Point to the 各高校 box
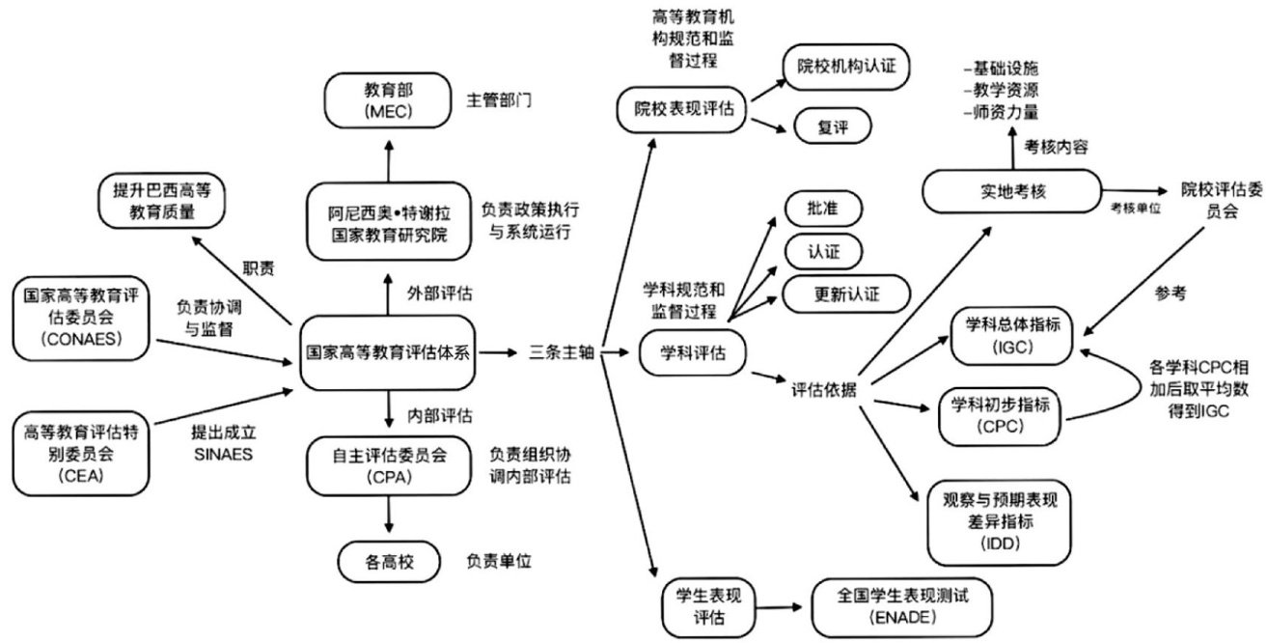pos(387,561)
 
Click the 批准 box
pos(823,208)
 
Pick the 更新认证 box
pos(845,294)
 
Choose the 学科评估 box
pos(694,353)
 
